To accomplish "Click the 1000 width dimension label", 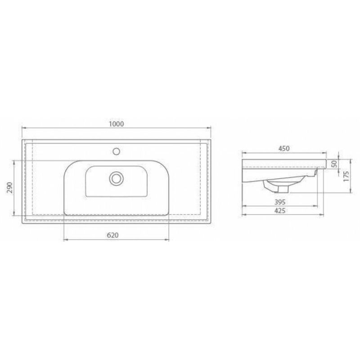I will [116, 124].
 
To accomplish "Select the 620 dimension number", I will [113, 235].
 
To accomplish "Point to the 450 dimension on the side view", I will [283, 148].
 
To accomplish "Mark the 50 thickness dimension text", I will [334, 163].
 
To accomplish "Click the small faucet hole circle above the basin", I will [117, 151].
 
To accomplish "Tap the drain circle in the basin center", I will [116, 178].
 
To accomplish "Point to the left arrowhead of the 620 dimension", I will [66, 240].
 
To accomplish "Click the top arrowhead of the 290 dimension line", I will [15, 162].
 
